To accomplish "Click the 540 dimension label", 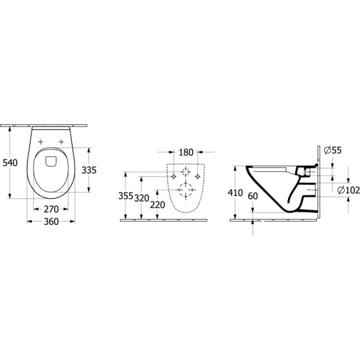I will click(x=10, y=162).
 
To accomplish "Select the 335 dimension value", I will click(x=89, y=170).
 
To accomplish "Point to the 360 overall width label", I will click(x=52, y=222).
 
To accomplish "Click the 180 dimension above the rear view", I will click(x=185, y=152).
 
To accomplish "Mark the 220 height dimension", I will click(x=157, y=204).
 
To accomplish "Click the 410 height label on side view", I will click(x=236, y=193).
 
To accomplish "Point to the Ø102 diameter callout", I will click(x=348, y=190).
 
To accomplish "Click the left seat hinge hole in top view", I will click(x=41, y=142).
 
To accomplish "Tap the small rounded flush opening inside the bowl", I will click(x=51, y=161).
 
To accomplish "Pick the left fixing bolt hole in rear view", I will click(x=172, y=178).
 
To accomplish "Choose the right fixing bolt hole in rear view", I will click(x=199, y=178).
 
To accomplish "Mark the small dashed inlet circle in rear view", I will click(x=185, y=172).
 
